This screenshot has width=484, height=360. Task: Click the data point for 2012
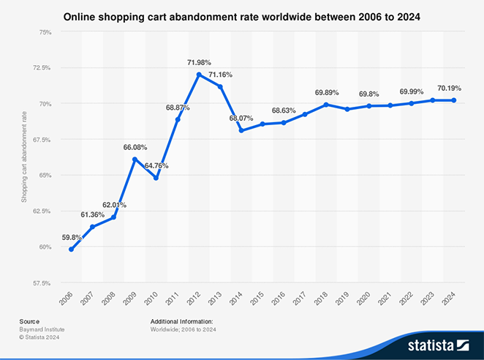tap(199, 75)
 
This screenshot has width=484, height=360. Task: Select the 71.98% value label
tap(199, 63)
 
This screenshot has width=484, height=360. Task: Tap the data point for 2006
tap(71, 250)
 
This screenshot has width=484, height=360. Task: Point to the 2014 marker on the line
tap(241, 131)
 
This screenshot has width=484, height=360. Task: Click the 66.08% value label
tap(135, 148)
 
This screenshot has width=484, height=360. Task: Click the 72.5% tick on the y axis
tap(41, 68)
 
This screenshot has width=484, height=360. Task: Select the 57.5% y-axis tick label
tap(41, 282)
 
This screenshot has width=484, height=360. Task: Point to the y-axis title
tap(24, 157)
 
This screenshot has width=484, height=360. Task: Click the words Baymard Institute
tap(39, 329)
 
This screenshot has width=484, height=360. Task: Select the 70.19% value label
tap(449, 89)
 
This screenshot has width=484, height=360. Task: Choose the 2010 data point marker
tap(156, 178)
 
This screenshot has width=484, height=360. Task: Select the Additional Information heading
tap(181, 321)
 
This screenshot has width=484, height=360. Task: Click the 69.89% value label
tap(327, 93)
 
